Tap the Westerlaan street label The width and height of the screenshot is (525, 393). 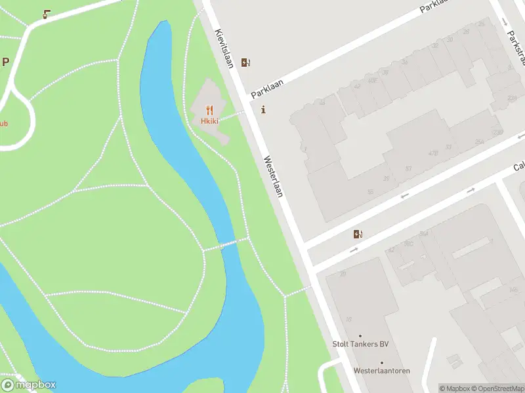(x=273, y=176)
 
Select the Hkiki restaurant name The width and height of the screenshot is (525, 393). (x=209, y=121)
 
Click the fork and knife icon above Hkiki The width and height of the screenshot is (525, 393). (x=209, y=110)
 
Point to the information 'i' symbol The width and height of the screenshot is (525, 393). (x=264, y=110)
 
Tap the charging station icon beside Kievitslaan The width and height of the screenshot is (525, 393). (x=245, y=63)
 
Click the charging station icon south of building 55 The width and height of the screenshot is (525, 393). (x=358, y=234)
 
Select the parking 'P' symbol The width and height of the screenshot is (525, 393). (x=6, y=62)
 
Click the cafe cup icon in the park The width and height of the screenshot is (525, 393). (x=46, y=14)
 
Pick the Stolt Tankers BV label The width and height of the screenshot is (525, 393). (x=360, y=345)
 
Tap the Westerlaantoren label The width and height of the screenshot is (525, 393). (x=381, y=371)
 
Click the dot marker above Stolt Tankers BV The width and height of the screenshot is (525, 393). (x=360, y=336)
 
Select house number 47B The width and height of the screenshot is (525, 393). (x=432, y=153)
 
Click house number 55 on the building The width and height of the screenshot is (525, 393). (x=370, y=191)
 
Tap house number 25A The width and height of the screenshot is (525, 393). (x=480, y=141)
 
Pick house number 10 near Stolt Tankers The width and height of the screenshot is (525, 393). (x=348, y=320)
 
